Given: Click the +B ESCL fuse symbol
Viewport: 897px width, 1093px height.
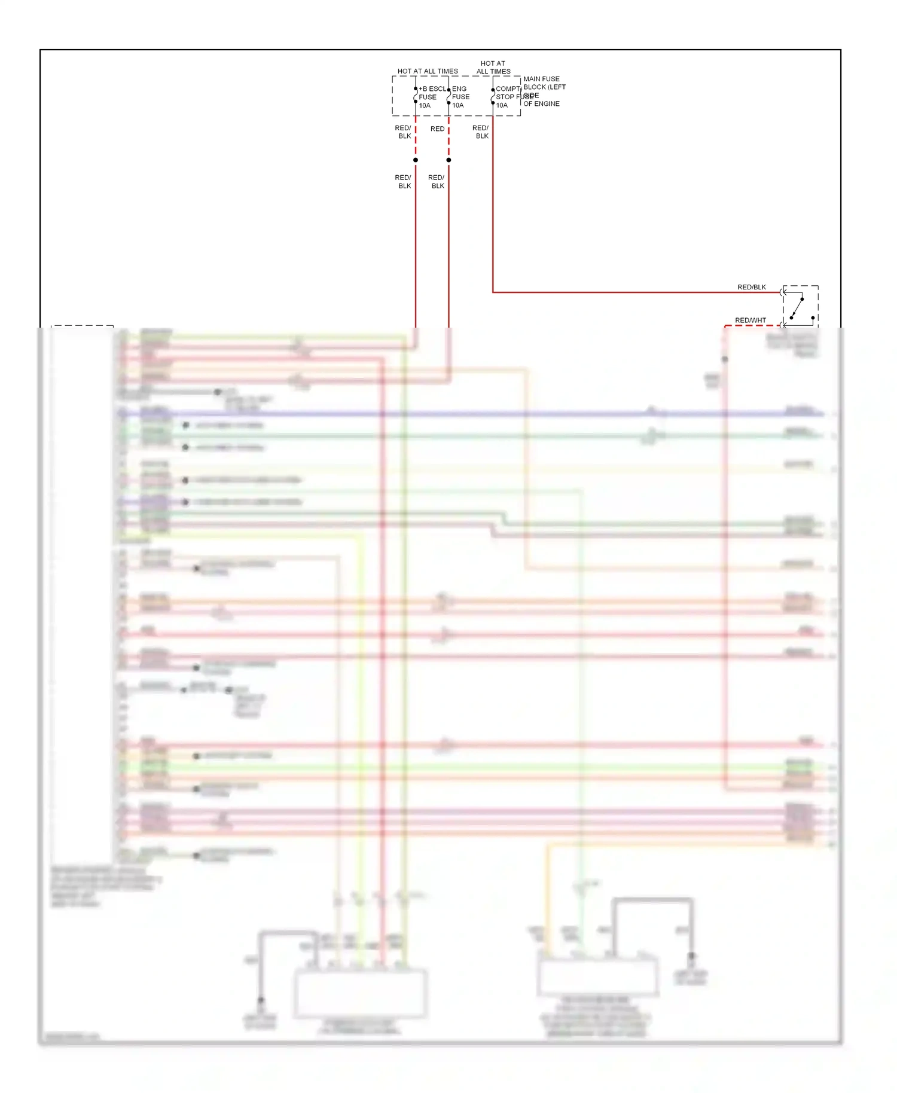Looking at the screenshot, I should (x=416, y=96).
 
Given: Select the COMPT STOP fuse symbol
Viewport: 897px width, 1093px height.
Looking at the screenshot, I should (x=493, y=96).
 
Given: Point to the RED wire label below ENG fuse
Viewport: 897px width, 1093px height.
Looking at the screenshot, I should (x=437, y=129).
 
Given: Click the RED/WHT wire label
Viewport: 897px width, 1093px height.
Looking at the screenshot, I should (x=750, y=320).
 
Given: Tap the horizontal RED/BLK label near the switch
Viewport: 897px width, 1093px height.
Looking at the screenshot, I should (x=751, y=287).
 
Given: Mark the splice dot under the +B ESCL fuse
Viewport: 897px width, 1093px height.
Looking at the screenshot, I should (x=416, y=160).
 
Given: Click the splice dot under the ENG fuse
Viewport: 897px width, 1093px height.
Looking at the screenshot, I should (x=448, y=160).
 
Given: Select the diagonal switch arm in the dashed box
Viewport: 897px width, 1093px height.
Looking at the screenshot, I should (x=797, y=308).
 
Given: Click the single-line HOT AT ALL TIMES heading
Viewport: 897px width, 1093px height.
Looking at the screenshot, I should (x=428, y=71).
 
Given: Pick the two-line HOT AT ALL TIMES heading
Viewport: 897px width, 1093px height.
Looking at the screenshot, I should (x=493, y=67).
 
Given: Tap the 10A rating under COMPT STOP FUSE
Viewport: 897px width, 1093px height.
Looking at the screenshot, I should (x=502, y=105).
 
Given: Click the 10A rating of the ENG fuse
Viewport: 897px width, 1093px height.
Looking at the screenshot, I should (x=457, y=105).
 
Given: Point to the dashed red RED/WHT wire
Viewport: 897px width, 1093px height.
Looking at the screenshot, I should (x=752, y=326).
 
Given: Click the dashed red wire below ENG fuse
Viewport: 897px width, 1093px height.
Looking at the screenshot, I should (x=448, y=138).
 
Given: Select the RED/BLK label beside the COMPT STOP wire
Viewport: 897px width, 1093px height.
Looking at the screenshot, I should (x=481, y=132).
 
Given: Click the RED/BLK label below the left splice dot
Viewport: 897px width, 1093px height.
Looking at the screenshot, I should (x=404, y=182).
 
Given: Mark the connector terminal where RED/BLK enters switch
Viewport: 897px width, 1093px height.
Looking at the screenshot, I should (x=783, y=292).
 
